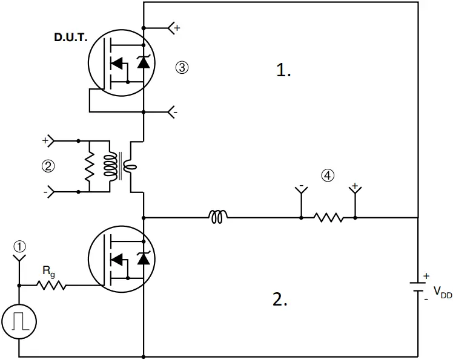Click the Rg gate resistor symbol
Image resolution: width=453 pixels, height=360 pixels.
pos(53,285)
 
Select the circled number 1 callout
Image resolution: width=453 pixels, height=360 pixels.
pos(20,246)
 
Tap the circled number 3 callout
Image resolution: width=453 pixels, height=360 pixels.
pos(182,67)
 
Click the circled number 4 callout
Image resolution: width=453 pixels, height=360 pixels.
pos(327,175)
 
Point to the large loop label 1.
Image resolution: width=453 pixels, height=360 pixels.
pos(283,70)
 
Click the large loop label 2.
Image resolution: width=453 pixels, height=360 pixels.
pos(280,299)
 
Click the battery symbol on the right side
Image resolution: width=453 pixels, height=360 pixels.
pos(418,286)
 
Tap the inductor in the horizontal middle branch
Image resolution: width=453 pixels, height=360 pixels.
pos(218,217)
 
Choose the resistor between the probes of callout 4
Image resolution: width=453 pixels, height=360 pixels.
pos(328,217)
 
